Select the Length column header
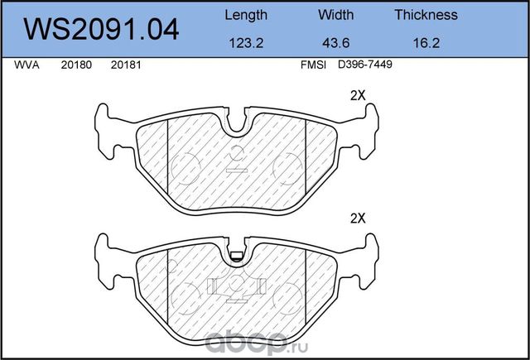pyautogui.click(x=246, y=15)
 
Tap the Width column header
pyautogui.click(x=335, y=15)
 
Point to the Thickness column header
pyautogui.click(x=426, y=15)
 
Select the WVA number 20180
pyautogui.click(x=75, y=65)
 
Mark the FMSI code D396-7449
pyautogui.click(x=364, y=65)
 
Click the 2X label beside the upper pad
pyautogui.click(x=358, y=95)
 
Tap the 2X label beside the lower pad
pyautogui.click(x=358, y=219)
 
